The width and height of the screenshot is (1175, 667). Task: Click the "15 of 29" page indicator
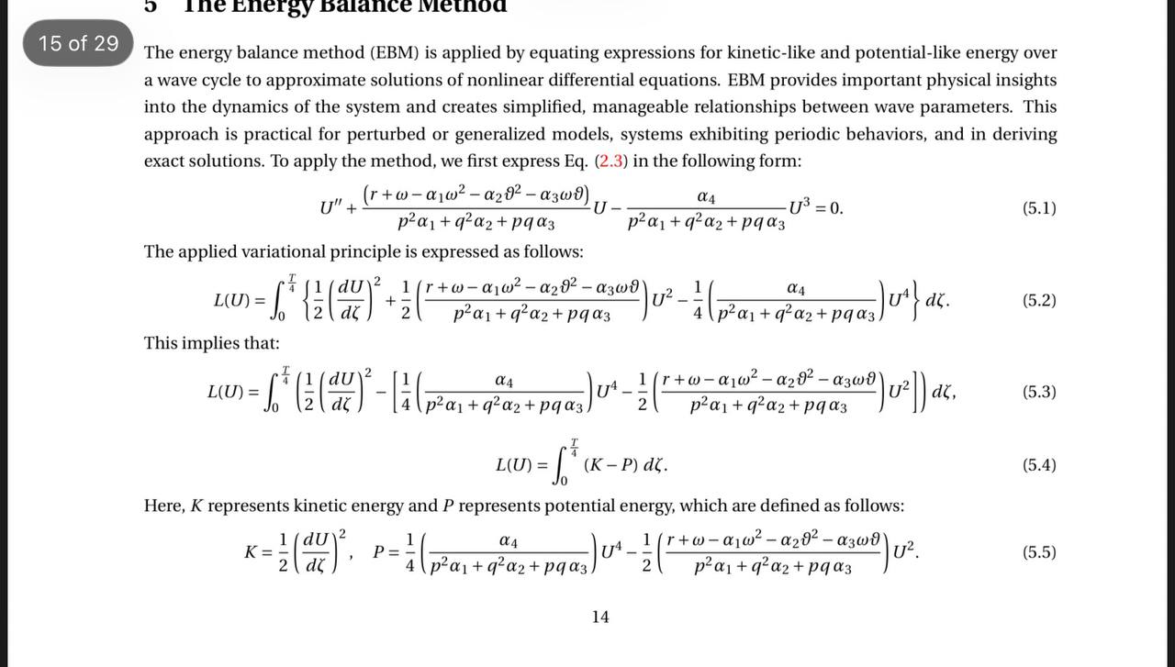tap(79, 43)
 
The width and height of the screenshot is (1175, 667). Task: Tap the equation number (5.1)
tap(1039, 208)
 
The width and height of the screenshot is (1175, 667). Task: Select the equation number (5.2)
tap(1039, 300)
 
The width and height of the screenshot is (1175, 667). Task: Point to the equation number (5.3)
tap(1039, 392)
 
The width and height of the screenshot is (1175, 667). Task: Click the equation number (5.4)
tap(1039, 465)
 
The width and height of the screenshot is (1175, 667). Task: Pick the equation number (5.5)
tap(1039, 552)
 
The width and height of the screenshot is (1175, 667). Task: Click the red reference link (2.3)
tap(611, 161)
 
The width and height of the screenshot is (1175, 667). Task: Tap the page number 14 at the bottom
tap(599, 617)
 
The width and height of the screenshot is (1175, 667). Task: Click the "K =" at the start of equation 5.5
tap(256, 552)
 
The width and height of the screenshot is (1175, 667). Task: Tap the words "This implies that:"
tap(211, 343)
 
